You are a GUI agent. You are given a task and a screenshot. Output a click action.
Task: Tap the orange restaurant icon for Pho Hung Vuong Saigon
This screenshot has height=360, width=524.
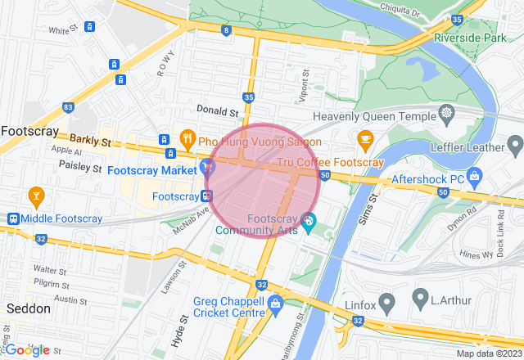187,138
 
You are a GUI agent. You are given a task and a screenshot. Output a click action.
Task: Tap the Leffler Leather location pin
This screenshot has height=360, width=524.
515,146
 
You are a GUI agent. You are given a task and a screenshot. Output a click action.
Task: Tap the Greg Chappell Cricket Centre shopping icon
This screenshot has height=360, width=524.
274,304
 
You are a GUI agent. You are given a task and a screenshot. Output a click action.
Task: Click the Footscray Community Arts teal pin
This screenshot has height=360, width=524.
309,221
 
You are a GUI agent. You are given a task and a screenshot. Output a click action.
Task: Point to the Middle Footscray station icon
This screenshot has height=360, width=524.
13,218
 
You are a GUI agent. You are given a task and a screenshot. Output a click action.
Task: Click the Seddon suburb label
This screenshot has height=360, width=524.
29,309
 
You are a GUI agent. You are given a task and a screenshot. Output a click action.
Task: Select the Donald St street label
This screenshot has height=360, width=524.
217,110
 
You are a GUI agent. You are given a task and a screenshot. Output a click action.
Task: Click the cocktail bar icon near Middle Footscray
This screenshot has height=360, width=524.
35,196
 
